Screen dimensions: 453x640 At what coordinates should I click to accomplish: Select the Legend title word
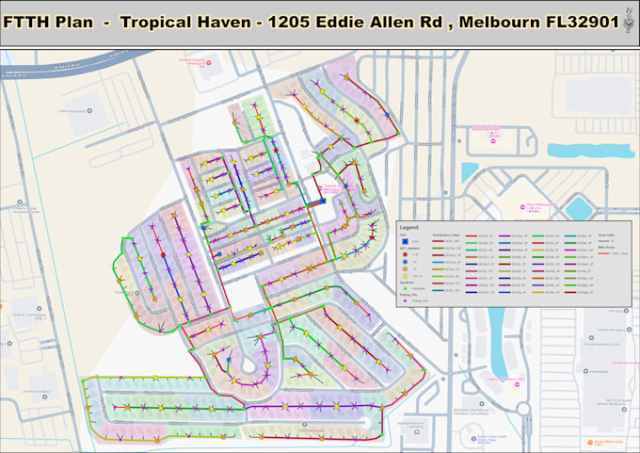coord(409,228)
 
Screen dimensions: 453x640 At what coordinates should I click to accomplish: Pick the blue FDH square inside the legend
coord(405,242)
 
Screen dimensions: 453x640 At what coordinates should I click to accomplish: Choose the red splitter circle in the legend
coord(405,254)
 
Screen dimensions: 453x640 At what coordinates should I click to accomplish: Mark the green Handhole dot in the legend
coord(405,287)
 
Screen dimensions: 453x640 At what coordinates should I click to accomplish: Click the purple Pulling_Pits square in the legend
coord(405,299)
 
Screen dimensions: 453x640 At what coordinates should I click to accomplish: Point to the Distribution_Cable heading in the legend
coord(444,235)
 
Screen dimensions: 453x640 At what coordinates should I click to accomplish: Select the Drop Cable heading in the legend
coord(606,235)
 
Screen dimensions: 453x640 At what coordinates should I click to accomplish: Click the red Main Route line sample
coord(603,254)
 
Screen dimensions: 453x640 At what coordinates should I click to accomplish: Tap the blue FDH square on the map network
coord(323,201)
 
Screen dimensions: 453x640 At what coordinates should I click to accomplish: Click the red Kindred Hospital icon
coord(208,64)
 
